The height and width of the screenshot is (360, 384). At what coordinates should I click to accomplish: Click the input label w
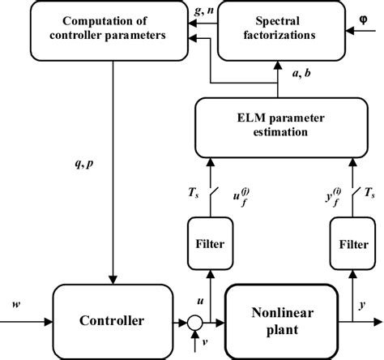(17, 302)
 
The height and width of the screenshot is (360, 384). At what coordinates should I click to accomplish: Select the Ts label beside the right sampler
(369, 192)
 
